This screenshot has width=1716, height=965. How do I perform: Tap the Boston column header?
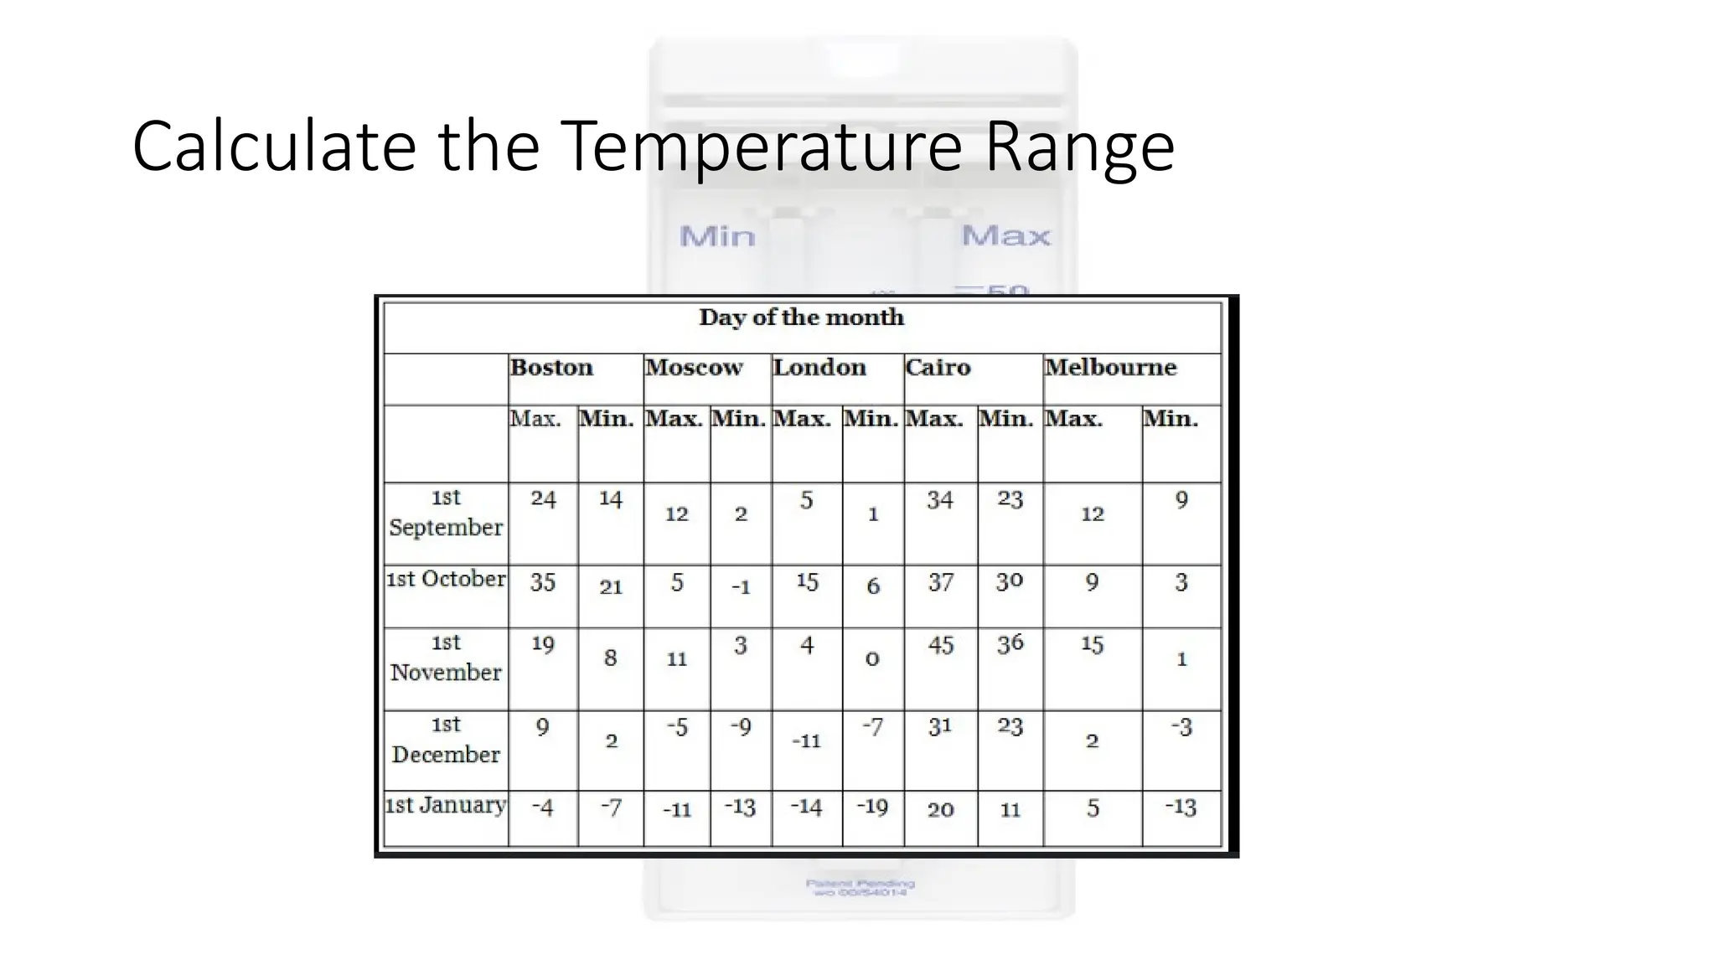(x=551, y=368)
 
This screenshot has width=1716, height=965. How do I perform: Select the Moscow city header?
(x=694, y=368)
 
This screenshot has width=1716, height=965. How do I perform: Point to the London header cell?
(x=819, y=368)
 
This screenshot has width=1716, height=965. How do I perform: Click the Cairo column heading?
(x=938, y=368)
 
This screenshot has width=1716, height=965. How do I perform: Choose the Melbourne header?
(x=1110, y=368)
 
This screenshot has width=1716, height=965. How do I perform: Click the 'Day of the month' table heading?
(x=801, y=317)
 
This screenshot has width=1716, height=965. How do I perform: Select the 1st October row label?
(x=446, y=579)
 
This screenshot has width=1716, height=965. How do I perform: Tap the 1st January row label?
(x=446, y=805)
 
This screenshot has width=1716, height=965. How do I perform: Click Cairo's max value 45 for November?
(x=940, y=645)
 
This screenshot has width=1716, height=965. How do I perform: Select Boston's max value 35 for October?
(x=543, y=582)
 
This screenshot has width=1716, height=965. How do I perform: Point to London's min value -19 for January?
(x=872, y=807)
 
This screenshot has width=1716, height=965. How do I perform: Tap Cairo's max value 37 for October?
(x=940, y=582)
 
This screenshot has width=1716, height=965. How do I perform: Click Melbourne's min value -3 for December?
(x=1181, y=727)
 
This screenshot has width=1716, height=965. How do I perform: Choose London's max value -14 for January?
(x=806, y=807)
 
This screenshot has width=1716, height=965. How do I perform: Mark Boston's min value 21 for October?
(x=611, y=587)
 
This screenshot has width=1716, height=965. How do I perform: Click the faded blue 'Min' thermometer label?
(x=717, y=237)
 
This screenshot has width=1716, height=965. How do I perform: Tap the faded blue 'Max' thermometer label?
(x=1005, y=236)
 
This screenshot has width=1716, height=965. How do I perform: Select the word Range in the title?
(x=1079, y=147)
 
